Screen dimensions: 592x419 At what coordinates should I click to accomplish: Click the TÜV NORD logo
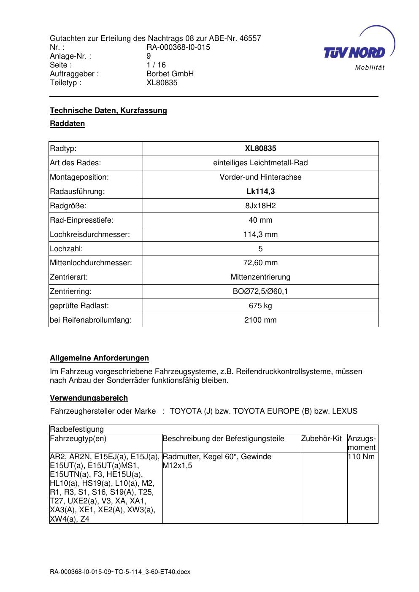click(358, 50)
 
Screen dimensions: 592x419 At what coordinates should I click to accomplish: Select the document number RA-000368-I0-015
click(178, 47)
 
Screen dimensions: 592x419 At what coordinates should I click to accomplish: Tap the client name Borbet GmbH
click(170, 74)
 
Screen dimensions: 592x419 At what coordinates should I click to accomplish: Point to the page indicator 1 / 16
click(156, 65)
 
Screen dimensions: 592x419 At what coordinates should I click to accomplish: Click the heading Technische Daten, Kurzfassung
click(108, 110)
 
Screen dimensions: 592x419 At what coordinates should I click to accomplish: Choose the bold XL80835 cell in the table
click(260, 148)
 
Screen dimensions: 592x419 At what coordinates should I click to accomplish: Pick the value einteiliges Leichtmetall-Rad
click(260, 163)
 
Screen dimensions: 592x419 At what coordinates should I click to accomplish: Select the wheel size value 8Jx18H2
click(260, 206)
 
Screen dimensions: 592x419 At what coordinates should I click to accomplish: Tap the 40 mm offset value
click(260, 220)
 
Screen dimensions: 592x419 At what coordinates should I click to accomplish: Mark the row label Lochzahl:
click(66, 249)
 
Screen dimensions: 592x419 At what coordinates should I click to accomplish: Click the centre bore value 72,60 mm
click(260, 263)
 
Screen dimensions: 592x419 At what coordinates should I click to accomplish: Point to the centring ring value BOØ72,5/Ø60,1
click(260, 291)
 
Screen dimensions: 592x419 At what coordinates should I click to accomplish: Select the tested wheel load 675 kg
click(260, 306)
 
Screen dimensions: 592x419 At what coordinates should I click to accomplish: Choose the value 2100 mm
click(260, 320)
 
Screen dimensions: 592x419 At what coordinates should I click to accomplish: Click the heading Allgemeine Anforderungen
click(99, 358)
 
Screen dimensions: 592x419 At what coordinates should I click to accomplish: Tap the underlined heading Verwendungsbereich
click(89, 398)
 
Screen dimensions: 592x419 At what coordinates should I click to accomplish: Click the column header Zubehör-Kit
click(322, 439)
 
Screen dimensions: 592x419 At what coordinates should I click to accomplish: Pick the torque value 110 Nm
click(362, 457)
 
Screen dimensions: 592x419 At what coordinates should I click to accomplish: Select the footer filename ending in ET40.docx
click(120, 572)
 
